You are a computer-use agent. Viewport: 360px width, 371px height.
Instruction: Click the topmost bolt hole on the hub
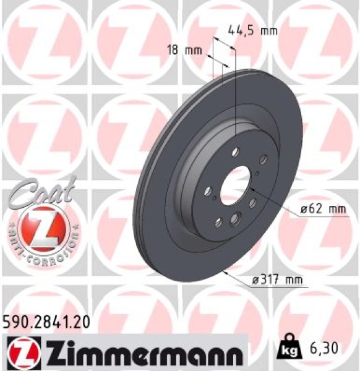coord(236,150)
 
